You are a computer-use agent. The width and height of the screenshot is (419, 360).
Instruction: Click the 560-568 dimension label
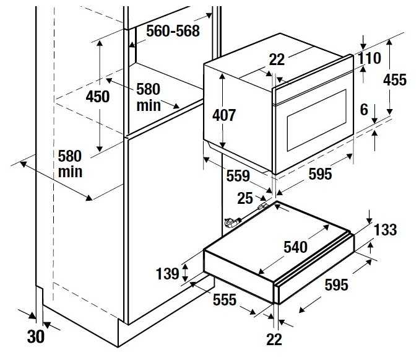(x=173, y=31)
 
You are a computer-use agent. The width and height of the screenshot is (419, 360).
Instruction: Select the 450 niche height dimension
(x=98, y=97)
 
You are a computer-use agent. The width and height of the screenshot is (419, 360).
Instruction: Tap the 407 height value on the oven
(x=224, y=115)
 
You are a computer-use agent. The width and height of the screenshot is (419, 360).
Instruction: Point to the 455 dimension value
(x=395, y=80)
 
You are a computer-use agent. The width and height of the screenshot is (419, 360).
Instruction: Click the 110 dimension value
(x=369, y=58)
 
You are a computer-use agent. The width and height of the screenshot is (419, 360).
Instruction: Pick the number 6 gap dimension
(x=364, y=110)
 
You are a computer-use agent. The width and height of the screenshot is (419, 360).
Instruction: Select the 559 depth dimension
(x=238, y=176)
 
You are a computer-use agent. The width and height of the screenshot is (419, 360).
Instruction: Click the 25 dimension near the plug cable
(x=244, y=198)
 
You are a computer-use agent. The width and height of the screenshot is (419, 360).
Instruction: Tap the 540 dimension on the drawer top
(x=295, y=247)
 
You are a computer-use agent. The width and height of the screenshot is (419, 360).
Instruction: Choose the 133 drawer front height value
(x=385, y=230)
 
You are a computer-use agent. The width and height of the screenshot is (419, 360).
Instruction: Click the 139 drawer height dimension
(x=167, y=274)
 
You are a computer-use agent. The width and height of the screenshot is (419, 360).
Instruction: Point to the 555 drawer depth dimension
(x=225, y=299)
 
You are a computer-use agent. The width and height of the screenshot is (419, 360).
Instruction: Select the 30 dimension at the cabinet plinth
(x=36, y=336)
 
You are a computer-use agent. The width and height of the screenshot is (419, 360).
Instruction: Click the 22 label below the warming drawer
(x=274, y=340)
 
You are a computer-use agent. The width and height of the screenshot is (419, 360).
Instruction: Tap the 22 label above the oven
(x=277, y=59)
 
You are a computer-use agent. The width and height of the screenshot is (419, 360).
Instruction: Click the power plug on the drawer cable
(x=232, y=222)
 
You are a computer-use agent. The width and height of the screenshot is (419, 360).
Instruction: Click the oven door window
(x=317, y=120)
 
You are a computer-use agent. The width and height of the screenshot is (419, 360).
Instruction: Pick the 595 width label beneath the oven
(x=320, y=174)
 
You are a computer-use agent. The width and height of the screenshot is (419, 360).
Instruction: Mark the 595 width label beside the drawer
(x=336, y=285)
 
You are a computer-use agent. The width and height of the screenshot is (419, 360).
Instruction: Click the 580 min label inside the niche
(x=149, y=97)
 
